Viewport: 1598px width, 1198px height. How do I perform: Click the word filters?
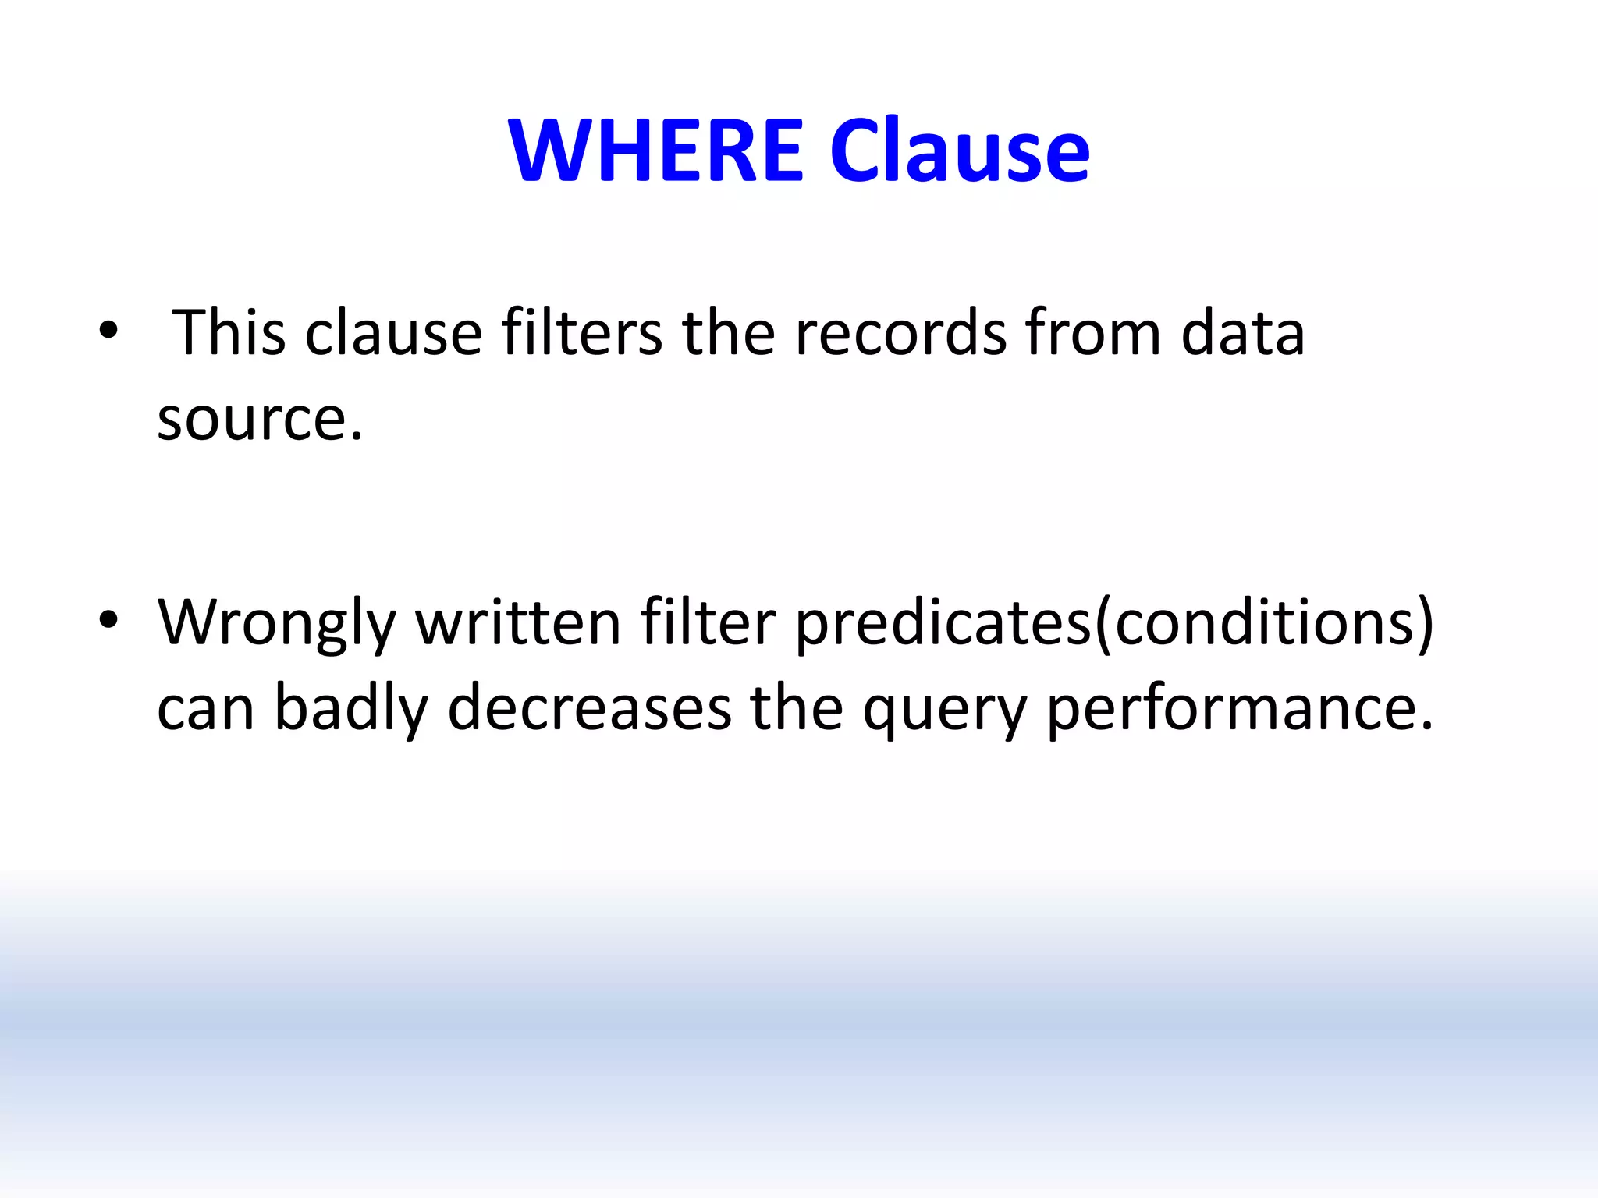[x=581, y=333]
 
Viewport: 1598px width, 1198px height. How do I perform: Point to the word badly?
[x=351, y=708]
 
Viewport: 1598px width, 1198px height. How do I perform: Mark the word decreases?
[x=590, y=708]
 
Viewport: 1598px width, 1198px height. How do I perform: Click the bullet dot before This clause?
[x=108, y=331]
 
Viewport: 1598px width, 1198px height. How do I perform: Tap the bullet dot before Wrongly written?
[x=108, y=621]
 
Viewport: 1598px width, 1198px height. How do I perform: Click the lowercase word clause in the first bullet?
[x=393, y=333]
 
